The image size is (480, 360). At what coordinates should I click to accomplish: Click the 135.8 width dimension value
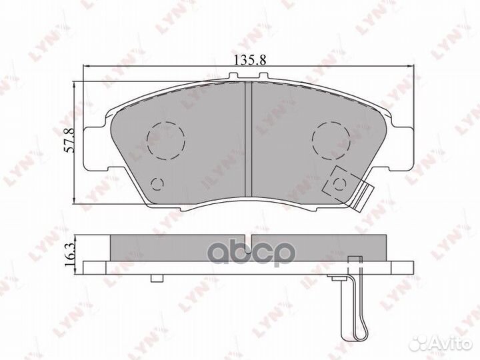click(250, 60)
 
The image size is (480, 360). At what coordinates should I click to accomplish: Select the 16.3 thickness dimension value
click(70, 254)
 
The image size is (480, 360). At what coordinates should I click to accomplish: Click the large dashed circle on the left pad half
click(166, 141)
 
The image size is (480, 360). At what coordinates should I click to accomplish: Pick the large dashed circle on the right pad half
click(331, 141)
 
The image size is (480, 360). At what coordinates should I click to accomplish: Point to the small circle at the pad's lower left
click(157, 184)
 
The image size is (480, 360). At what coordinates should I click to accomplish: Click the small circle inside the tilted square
click(339, 184)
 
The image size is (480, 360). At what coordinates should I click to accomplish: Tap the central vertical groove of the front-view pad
click(248, 139)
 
